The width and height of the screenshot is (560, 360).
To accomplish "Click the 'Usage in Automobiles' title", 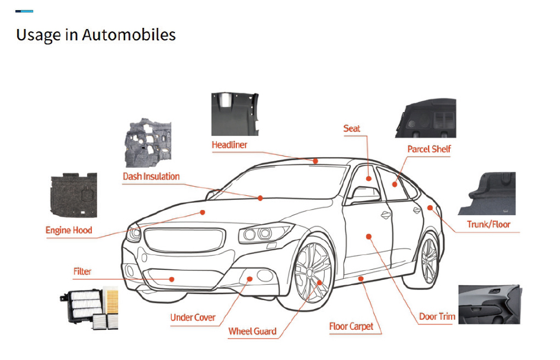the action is pos(96,35).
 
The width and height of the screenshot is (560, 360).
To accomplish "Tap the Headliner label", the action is pos(229,145).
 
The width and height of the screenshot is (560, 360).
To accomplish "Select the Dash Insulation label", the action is pos(151,176).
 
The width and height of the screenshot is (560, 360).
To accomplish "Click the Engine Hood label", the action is pos(69,230).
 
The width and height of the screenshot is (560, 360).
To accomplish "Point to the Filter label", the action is pos(82,272).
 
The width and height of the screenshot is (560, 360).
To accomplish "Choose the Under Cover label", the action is pos(193,317).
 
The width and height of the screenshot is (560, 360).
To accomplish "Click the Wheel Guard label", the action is pos(252,332).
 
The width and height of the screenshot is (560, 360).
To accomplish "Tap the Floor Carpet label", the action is pos(351,326).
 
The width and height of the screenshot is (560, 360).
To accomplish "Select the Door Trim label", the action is pos(437,316).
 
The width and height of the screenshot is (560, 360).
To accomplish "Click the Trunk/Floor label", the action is pos(488,225).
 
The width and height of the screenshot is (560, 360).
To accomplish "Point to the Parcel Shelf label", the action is pos(429,149).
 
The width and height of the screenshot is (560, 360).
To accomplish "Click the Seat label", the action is pos(352,128).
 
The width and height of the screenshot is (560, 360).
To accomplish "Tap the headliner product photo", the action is pos(235,114).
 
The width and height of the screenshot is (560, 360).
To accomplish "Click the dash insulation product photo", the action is pos(148,143).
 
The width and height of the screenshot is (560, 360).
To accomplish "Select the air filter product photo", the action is pos(89,307).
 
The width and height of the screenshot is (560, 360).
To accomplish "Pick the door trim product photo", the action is pos(489,305).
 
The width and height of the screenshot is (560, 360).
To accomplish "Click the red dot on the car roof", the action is pos(315,161).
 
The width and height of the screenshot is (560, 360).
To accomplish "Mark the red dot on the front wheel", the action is pos(319,283).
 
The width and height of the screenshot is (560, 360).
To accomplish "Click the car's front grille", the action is pos(185,240).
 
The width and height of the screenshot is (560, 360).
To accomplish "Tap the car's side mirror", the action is pos(366,195).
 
